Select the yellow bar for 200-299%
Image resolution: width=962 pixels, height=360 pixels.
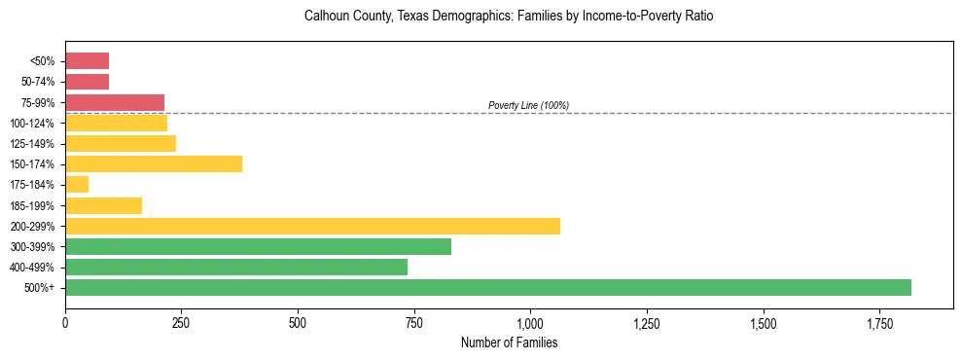(312, 226)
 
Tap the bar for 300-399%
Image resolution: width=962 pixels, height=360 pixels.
(258, 246)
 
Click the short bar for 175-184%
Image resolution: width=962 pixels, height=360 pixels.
(77, 184)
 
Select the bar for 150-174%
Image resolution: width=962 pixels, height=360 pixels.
(154, 163)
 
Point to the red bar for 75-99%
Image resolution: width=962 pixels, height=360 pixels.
(115, 102)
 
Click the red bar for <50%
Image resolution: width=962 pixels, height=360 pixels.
(87, 60)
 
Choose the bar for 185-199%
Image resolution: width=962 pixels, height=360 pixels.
(103, 205)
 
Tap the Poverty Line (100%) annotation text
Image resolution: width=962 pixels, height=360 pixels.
(528, 105)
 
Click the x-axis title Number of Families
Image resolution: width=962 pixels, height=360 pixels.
(509, 342)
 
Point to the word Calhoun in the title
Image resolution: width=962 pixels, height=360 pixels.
(327, 17)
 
